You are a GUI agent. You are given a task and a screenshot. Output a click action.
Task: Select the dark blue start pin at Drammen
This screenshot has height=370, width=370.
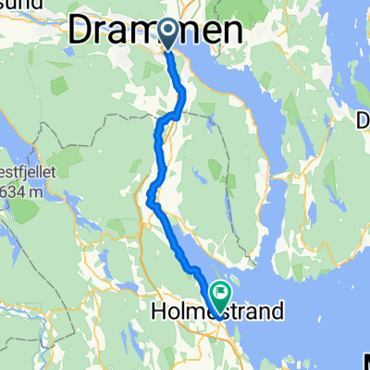click(169, 33)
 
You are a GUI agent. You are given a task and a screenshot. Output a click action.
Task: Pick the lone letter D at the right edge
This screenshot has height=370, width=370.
click(363, 119)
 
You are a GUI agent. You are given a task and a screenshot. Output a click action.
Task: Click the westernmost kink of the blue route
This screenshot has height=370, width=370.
click(149, 193)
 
